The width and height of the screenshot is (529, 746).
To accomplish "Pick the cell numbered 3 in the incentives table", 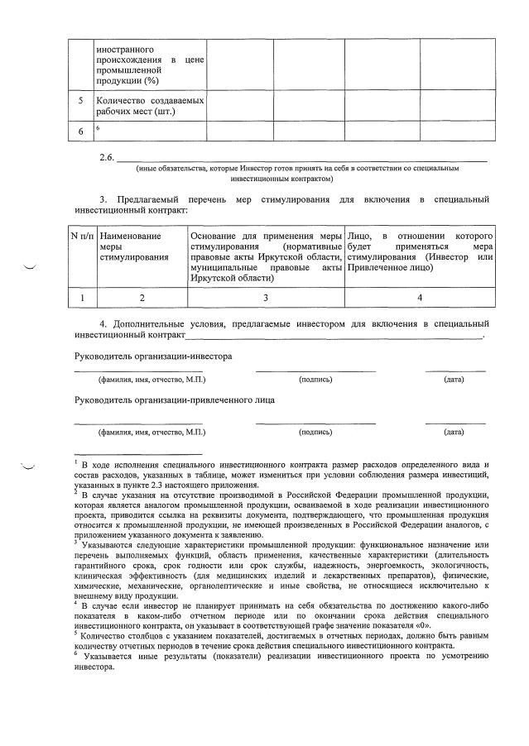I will (x=266, y=297).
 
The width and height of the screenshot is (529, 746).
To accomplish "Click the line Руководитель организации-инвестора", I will (x=153, y=356).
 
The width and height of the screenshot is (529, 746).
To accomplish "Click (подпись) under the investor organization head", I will (x=315, y=380).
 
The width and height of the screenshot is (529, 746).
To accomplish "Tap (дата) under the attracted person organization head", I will (x=454, y=432).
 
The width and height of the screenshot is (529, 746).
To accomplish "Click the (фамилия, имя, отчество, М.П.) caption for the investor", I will (x=151, y=380).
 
